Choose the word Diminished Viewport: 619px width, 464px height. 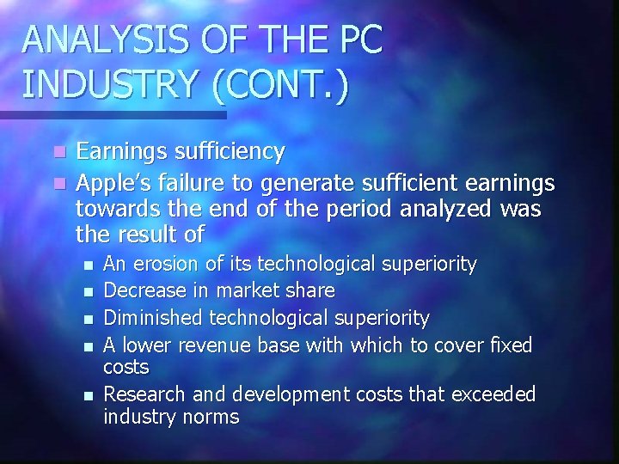pos(151,319)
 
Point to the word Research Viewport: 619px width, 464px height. pos(142,394)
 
